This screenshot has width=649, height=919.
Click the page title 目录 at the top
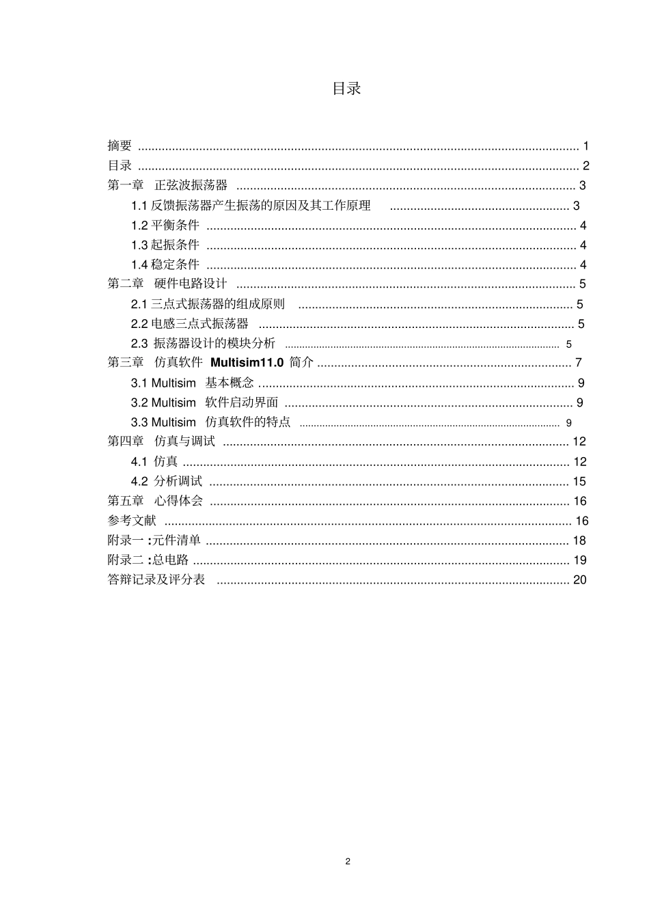click(x=346, y=88)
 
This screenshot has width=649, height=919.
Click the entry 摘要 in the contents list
click(x=120, y=146)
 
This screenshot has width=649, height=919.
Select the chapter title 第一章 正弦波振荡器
click(x=167, y=185)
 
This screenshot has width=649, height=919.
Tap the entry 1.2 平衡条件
click(x=165, y=225)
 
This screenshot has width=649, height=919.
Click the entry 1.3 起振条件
click(x=165, y=245)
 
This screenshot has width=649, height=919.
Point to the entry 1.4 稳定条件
click(x=165, y=265)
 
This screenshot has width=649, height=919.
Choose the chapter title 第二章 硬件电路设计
click(x=167, y=284)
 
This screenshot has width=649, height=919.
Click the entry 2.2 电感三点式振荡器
click(x=190, y=324)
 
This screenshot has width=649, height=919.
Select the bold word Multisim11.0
click(x=247, y=363)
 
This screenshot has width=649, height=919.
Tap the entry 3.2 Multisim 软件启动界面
click(x=204, y=403)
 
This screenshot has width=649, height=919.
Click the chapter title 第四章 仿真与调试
click(x=161, y=442)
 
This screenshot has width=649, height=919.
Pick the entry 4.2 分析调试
click(x=167, y=482)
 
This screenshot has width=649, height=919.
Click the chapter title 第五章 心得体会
click(x=155, y=502)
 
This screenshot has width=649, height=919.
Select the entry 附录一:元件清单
click(x=154, y=541)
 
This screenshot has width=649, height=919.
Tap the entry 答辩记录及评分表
click(x=156, y=580)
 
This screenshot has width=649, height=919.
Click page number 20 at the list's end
click(x=580, y=580)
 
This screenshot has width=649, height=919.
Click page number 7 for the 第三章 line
click(x=579, y=363)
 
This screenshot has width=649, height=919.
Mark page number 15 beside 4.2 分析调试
click(x=579, y=482)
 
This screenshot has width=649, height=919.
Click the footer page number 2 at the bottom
click(x=348, y=862)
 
